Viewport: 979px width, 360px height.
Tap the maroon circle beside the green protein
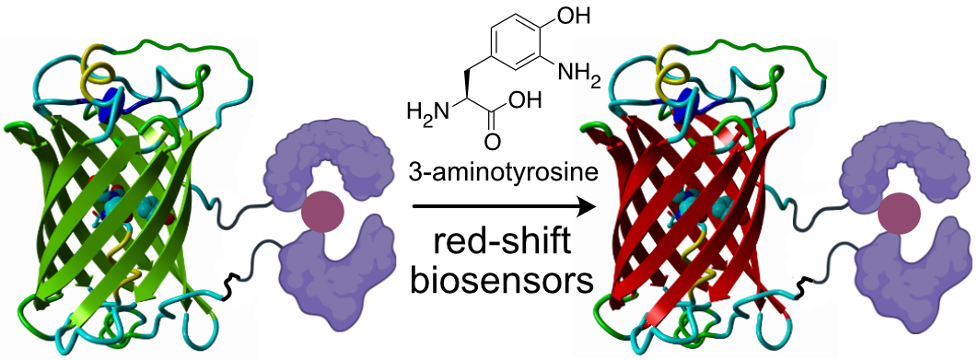point(322,212)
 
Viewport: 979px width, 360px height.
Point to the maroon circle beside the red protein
point(898,214)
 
